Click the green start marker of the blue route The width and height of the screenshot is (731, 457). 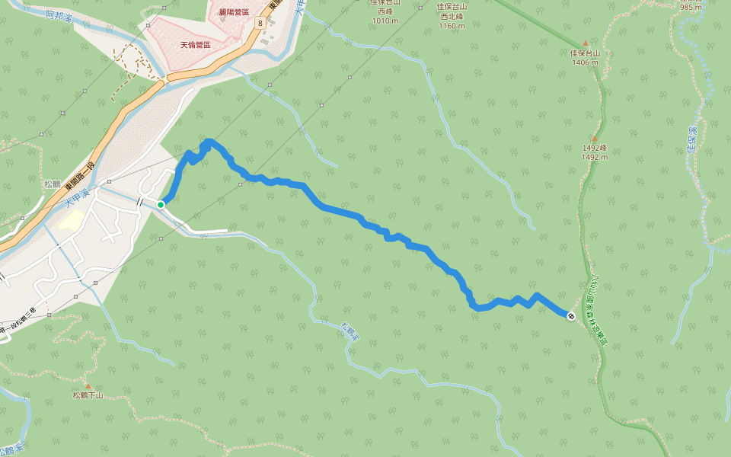tap(161, 204)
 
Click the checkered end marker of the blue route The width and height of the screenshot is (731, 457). tap(571, 316)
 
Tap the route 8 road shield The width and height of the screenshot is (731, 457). tap(260, 24)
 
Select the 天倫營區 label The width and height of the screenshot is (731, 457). tap(194, 45)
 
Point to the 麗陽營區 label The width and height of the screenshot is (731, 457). tap(233, 12)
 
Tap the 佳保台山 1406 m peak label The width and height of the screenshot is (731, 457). tap(586, 57)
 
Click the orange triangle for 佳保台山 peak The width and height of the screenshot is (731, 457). tap(586, 43)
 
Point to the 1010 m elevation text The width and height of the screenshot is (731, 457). tap(385, 21)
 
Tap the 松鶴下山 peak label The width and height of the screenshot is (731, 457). tap(88, 395)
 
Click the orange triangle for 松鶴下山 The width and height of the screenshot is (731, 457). tap(88, 386)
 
